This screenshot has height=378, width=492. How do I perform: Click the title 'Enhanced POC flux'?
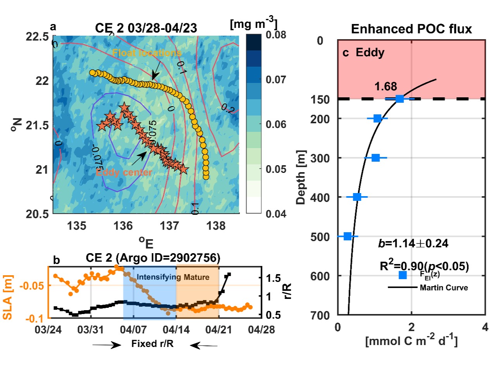pos(411,29)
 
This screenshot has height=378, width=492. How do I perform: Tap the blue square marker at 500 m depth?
pos(347,236)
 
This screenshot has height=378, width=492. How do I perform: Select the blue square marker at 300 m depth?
pos(375,158)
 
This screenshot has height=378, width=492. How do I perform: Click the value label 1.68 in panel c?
pos(385,86)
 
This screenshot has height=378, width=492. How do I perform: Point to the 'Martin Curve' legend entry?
pos(444,288)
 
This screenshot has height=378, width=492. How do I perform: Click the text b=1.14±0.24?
pos(413,243)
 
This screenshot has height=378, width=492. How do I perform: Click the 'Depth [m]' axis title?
pos(301,177)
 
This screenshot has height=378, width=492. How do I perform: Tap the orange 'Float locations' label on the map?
pos(147,53)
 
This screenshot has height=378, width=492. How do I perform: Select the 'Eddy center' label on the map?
pos(124,172)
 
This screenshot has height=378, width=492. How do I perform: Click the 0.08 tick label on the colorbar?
pos(276,35)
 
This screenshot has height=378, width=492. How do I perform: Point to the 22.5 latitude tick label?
pos(37,37)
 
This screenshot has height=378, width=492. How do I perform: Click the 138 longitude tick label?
pos(216,226)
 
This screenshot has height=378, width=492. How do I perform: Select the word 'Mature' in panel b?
pos(197,277)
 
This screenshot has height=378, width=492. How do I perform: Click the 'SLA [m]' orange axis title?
pos(8,297)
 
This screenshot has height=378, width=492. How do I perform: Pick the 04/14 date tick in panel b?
pos(176,330)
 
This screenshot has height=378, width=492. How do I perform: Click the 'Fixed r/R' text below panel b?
pos(152,344)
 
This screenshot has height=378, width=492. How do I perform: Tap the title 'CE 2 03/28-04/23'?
pos(146,28)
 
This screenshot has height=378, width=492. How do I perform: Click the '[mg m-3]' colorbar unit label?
pos(254,24)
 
